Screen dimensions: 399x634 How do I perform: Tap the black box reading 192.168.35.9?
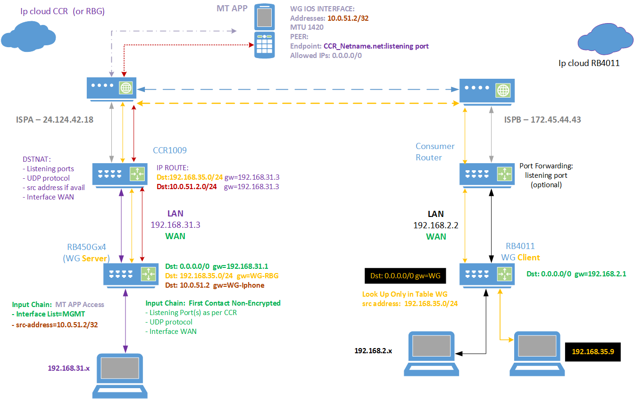pos(592,351)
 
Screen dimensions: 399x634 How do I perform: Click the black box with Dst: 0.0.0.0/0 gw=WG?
pos(402,275)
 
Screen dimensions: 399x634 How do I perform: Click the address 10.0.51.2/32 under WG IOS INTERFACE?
pos(348,18)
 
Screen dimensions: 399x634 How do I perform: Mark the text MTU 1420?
pos(307,27)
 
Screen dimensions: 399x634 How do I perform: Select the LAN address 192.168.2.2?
pos(436,225)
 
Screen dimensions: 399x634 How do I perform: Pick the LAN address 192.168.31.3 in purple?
pos(175,225)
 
